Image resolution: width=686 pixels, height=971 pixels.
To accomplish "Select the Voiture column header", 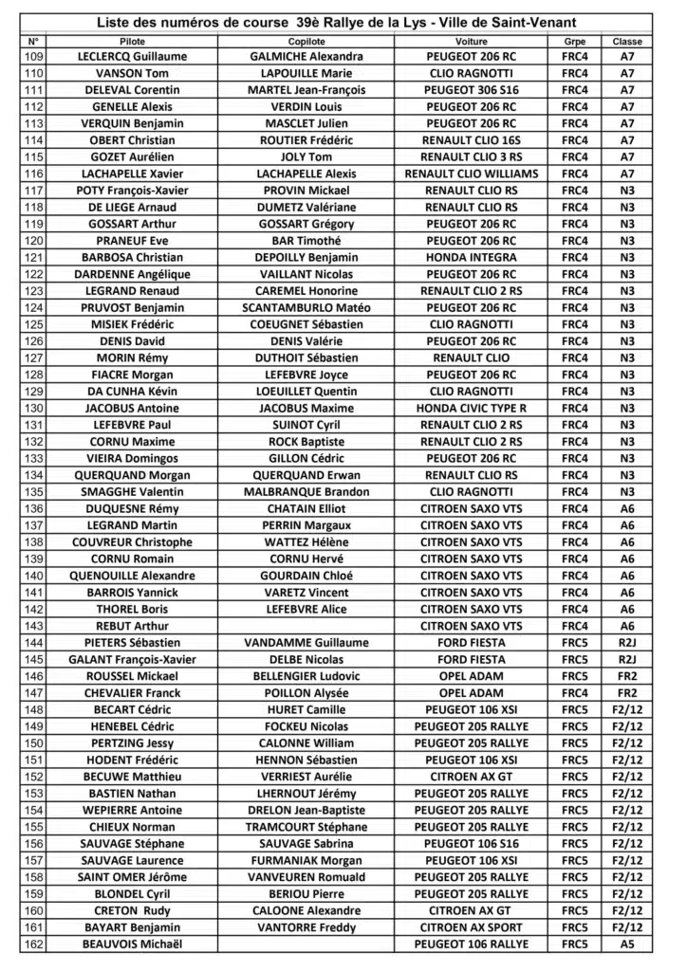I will tap(472, 42).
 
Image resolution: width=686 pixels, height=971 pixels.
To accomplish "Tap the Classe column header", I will tap(627, 42).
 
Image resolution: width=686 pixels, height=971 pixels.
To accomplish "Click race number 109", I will tap(33, 57).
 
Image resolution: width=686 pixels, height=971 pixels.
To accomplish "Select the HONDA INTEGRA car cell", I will tap(472, 257).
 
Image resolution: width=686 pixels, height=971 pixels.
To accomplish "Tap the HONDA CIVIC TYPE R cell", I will tap(472, 408).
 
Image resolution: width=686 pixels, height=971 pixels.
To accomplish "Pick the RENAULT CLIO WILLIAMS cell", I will tap(472, 174).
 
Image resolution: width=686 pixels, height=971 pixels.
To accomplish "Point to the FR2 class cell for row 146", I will tap(627, 676).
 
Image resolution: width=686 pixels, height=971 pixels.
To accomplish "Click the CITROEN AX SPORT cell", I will tap(472, 927).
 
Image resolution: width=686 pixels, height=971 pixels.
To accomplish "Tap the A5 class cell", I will tap(627, 944).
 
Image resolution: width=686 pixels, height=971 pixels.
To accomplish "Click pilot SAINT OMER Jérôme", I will tap(133, 877).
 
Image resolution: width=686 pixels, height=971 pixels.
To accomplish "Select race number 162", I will tap(33, 944).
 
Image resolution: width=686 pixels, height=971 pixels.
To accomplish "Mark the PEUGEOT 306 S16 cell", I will tap(472, 90).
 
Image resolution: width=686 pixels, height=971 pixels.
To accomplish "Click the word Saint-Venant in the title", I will tap(536, 22).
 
